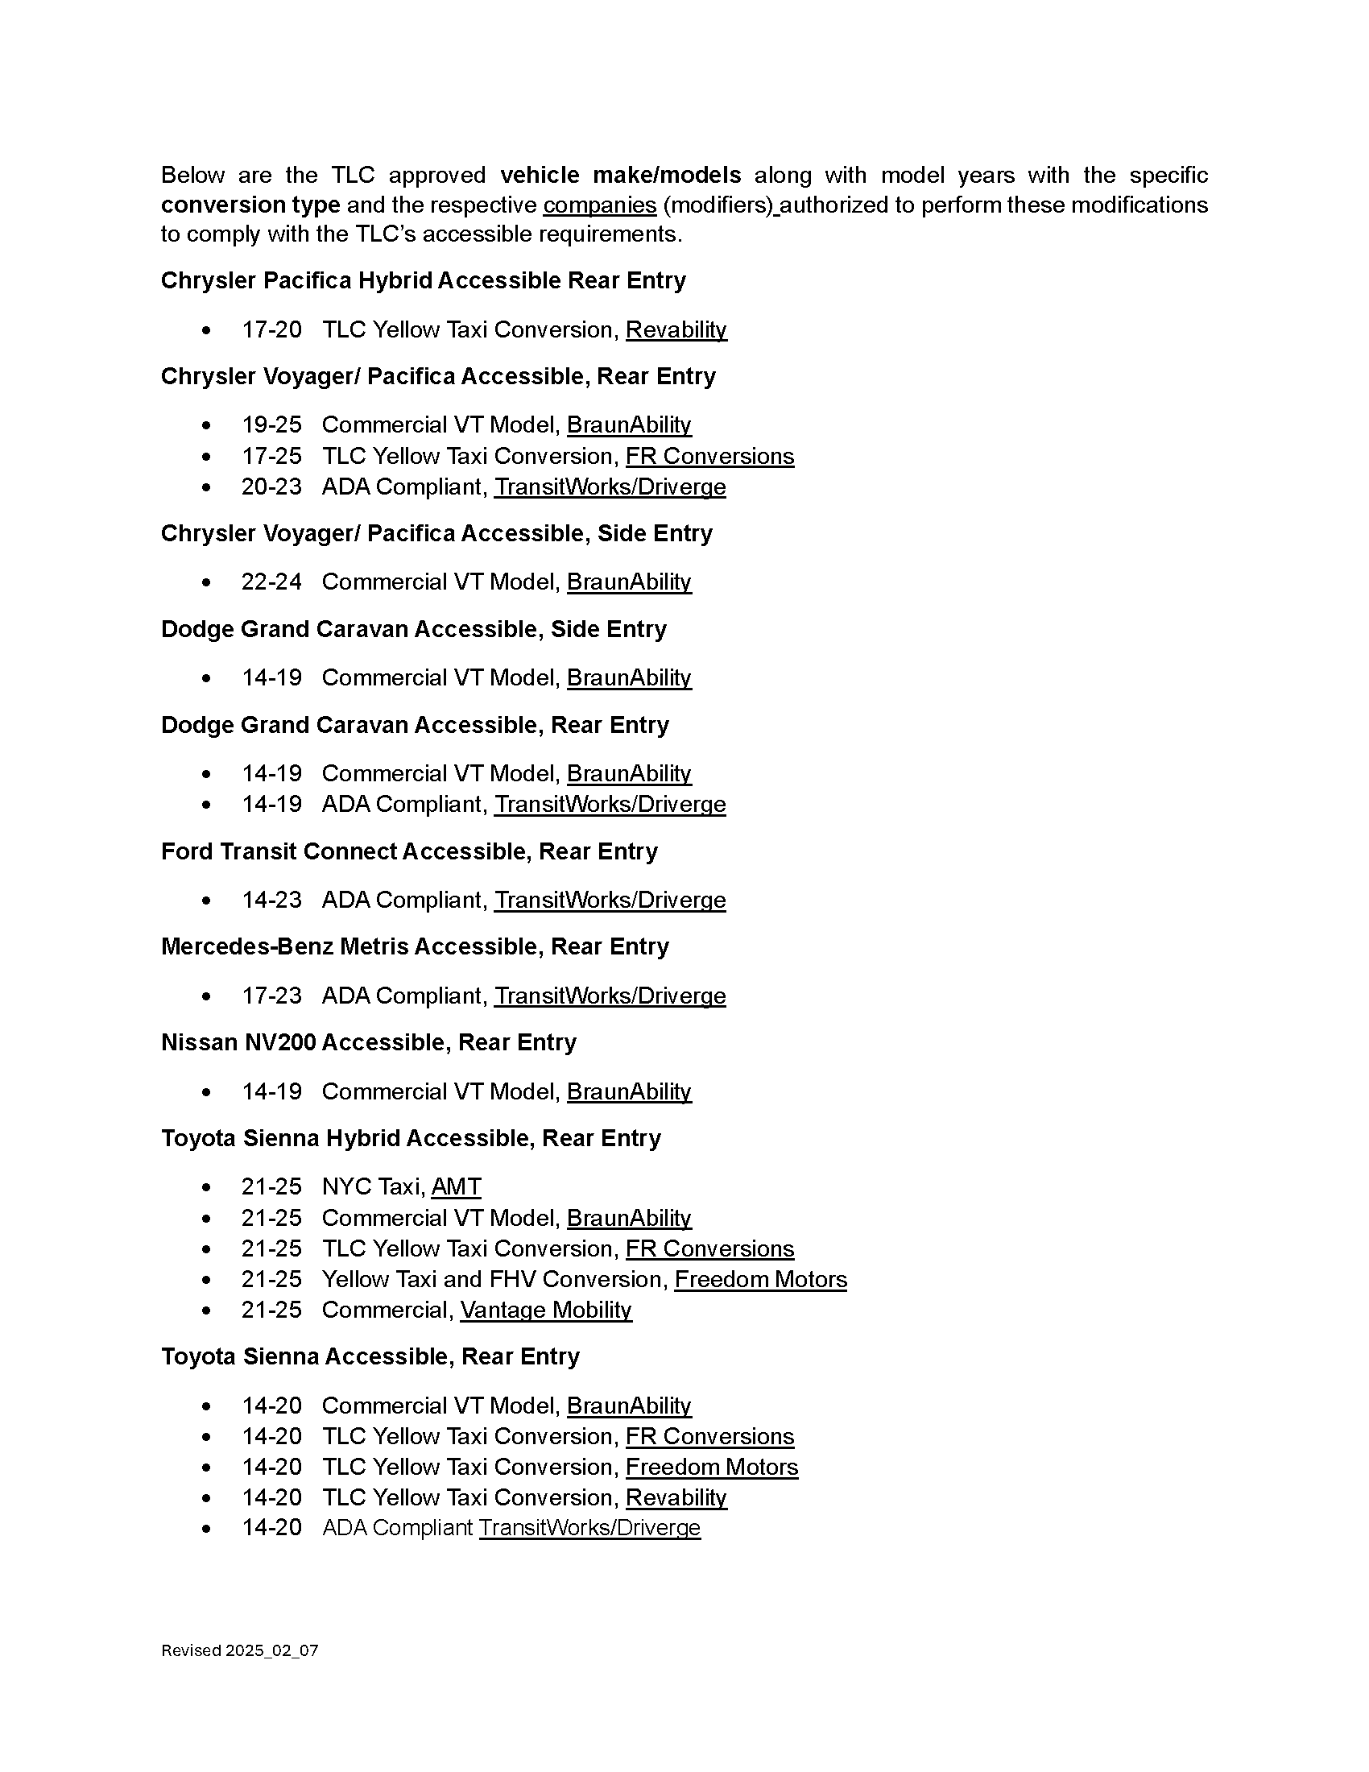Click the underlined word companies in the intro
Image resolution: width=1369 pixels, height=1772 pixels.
tap(599, 205)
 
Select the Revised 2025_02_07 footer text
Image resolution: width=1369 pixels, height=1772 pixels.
tap(239, 1650)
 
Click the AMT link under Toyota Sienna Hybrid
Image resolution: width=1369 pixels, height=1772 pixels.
tap(456, 1187)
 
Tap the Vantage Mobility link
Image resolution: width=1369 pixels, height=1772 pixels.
tap(546, 1310)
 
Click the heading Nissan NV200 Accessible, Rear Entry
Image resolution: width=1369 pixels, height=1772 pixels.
tap(368, 1042)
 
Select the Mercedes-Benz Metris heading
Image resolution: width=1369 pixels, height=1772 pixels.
tap(415, 947)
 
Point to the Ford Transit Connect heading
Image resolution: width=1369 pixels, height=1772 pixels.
tap(409, 851)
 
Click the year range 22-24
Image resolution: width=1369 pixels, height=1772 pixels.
tap(271, 582)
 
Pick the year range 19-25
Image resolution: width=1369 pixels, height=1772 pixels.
tap(271, 424)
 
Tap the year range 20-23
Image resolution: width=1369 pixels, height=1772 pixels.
tap(271, 486)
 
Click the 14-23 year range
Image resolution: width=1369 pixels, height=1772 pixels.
tap(271, 900)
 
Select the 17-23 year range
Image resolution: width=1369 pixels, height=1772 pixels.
tap(271, 996)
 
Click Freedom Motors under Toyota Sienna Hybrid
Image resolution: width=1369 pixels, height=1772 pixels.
tap(760, 1280)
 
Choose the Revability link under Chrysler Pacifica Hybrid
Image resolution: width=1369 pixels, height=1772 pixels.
tap(676, 329)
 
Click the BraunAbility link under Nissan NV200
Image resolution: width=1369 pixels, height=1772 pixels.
tap(629, 1091)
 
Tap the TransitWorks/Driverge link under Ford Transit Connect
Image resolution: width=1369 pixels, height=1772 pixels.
tap(610, 900)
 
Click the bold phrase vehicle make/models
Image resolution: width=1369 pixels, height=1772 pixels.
tap(620, 176)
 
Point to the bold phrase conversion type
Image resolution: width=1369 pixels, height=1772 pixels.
tap(250, 205)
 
